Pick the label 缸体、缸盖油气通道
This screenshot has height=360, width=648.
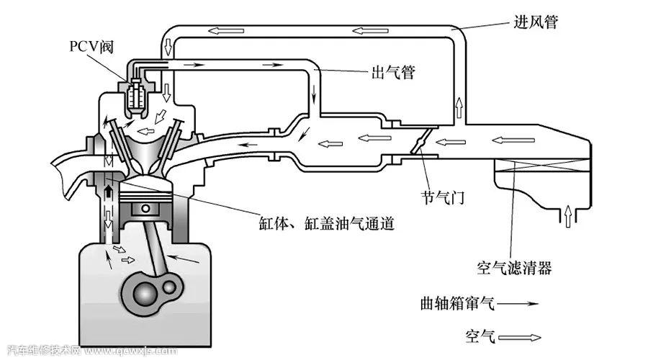(x=328, y=223)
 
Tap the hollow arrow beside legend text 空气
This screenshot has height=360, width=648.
(x=521, y=337)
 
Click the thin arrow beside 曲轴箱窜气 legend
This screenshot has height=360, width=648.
(x=518, y=305)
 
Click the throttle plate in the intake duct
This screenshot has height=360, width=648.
(x=419, y=143)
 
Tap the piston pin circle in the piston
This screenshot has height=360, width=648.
(x=147, y=210)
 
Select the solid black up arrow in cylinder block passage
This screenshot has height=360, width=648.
(x=110, y=189)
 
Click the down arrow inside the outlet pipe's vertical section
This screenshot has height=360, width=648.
(x=314, y=94)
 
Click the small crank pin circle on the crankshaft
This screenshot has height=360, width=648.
(x=171, y=287)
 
